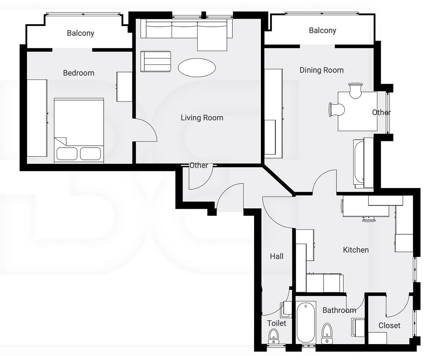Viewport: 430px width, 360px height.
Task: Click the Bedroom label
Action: pyautogui.click(x=79, y=73)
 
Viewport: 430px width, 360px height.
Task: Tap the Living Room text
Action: pyautogui.click(x=202, y=118)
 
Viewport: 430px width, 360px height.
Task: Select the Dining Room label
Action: pyautogui.click(x=321, y=70)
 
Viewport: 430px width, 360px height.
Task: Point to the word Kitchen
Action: pyautogui.click(x=356, y=250)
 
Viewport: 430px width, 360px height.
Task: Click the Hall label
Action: pyautogui.click(x=277, y=256)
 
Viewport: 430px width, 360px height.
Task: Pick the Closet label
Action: pyautogui.click(x=389, y=325)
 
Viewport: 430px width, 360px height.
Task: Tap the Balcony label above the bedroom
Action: pyautogui.click(x=81, y=33)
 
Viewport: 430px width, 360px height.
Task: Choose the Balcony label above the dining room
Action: pyautogui.click(x=322, y=31)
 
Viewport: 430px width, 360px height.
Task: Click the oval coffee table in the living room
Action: pyautogui.click(x=197, y=68)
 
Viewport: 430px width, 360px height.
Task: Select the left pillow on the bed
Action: pyautogui.click(x=67, y=154)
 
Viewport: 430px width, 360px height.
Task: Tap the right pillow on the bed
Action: pyautogui.click(x=90, y=154)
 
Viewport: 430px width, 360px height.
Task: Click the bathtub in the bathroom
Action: pyautogui.click(x=306, y=322)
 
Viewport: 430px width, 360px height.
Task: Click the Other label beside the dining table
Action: pyautogui.click(x=381, y=112)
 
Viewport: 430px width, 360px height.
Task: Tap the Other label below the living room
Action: pyautogui.click(x=199, y=166)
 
